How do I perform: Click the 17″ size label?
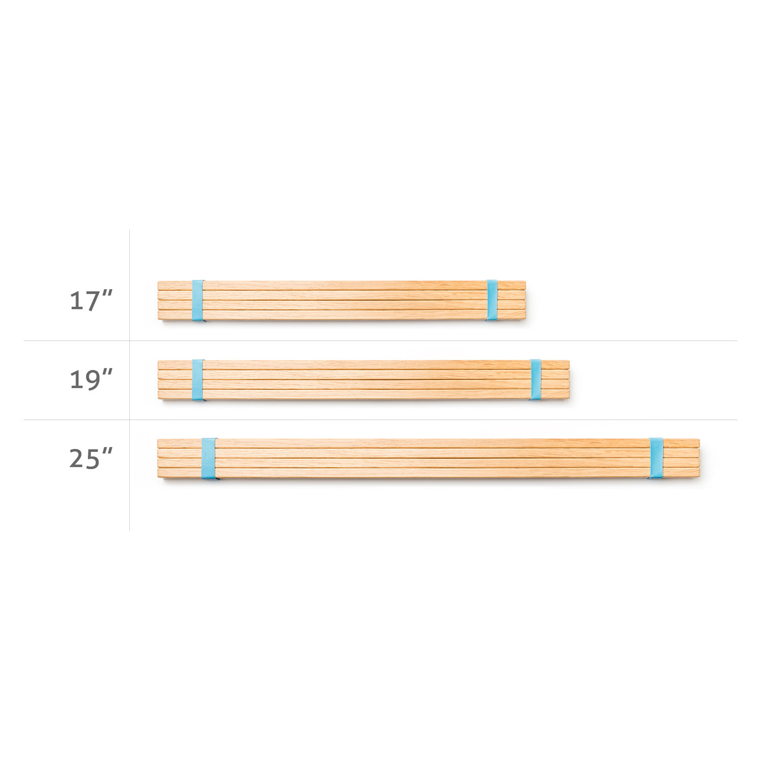click(x=90, y=300)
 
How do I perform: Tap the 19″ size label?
click(x=90, y=379)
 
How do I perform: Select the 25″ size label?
click(x=90, y=458)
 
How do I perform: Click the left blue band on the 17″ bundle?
click(x=197, y=300)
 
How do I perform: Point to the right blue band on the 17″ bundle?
click(x=492, y=300)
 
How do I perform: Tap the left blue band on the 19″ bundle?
click(x=198, y=379)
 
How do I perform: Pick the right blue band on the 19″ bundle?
click(x=536, y=379)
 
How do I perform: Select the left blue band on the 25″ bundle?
click(x=209, y=459)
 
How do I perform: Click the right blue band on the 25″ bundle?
click(x=656, y=458)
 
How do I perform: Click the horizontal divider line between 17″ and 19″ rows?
click(x=380, y=341)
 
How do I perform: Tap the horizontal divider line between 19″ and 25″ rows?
click(x=380, y=420)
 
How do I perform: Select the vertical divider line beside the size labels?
click(x=129, y=380)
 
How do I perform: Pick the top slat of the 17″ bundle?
click(x=340, y=286)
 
